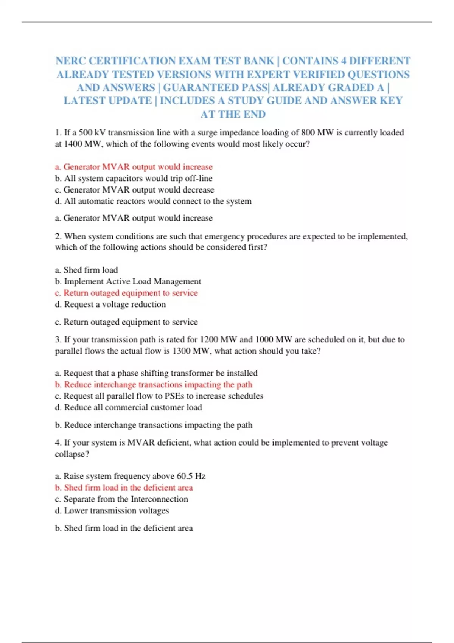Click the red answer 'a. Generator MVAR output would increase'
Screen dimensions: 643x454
coord(134,167)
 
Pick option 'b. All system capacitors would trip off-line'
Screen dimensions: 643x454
coord(134,179)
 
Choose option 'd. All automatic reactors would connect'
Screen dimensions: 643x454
coord(153,201)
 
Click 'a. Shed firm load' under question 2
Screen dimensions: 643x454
coord(86,270)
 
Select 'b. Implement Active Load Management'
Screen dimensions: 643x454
coord(128,281)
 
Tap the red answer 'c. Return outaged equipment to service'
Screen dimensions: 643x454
coord(126,293)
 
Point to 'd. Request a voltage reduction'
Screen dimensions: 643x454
coord(110,304)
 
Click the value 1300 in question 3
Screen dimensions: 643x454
coord(181,351)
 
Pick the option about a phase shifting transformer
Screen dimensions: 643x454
coord(156,373)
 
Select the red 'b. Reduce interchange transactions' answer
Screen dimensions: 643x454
coord(153,385)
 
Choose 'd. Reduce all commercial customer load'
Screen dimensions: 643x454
coord(128,407)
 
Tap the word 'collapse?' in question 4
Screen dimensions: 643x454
coord(72,454)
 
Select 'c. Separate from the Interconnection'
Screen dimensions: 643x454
coord(121,499)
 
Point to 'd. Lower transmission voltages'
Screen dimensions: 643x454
coord(112,511)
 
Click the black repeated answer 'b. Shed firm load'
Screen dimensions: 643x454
coord(124,528)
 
